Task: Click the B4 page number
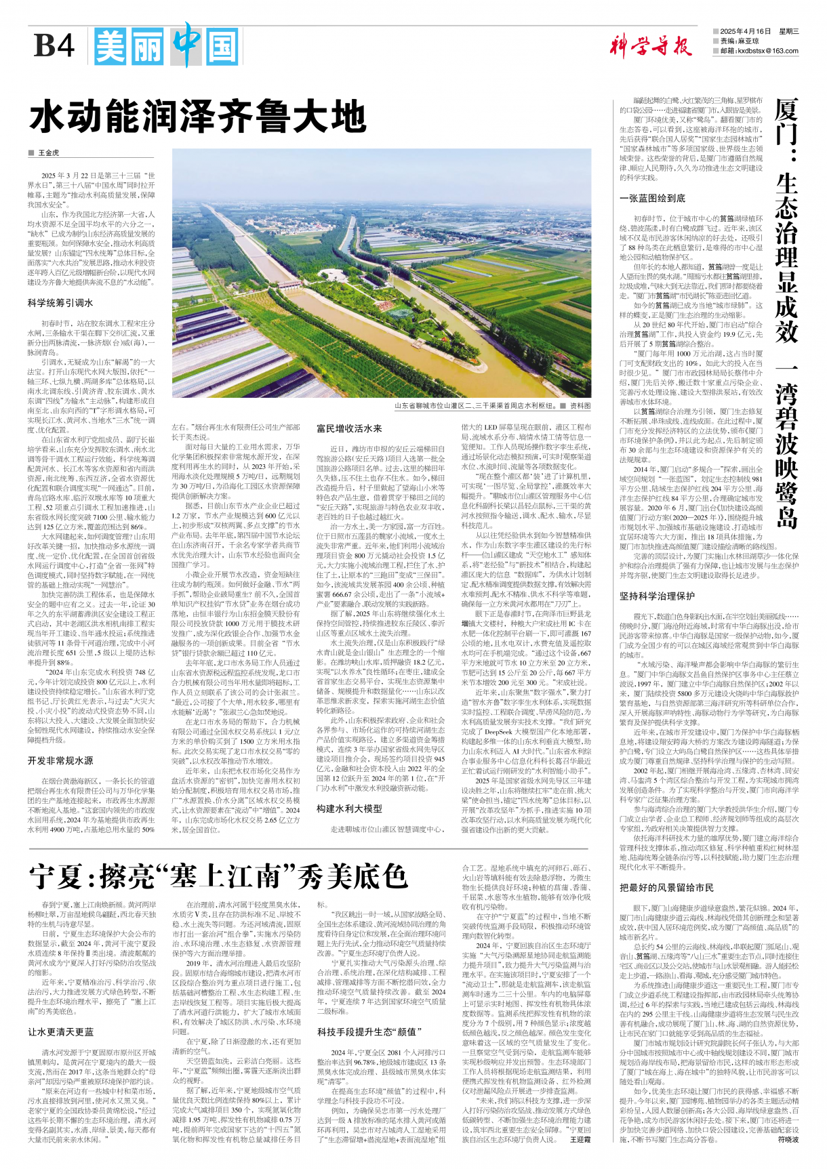[54, 47]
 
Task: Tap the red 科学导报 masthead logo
[649, 47]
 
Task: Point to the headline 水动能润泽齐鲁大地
[197, 117]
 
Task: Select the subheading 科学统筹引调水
[60, 303]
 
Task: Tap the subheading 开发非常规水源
[60, 761]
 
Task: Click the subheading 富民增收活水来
[349, 428]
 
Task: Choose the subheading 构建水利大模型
[349, 808]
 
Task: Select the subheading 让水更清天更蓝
[60, 1032]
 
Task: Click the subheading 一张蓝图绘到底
[652, 199]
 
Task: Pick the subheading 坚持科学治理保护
[657, 596]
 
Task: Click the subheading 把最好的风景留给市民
[666, 888]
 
